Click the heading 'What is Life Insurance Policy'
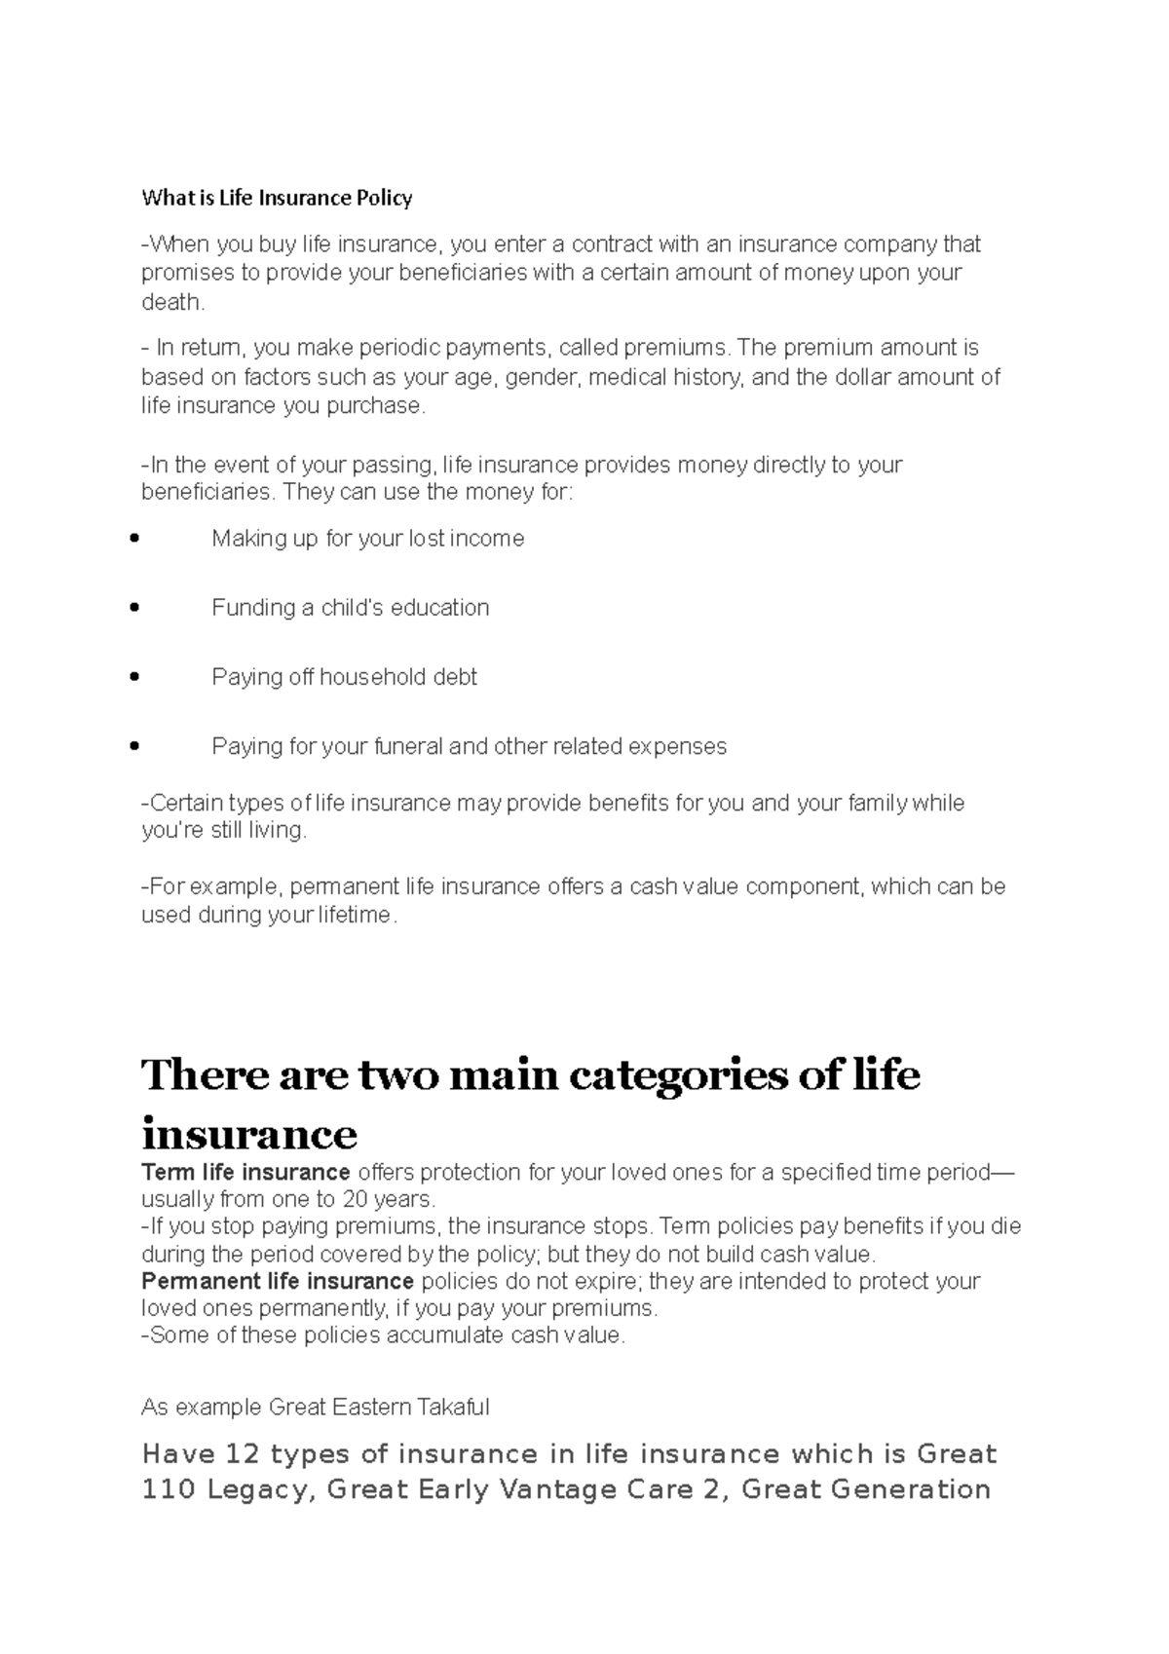277,199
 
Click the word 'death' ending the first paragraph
171,302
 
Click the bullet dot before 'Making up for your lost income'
134,539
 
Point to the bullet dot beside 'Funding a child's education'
134,608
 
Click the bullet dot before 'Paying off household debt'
134,677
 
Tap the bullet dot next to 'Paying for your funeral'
134,747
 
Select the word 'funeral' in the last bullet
408,747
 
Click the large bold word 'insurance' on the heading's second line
249,1134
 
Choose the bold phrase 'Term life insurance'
245,1172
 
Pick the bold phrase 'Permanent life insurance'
278,1281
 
